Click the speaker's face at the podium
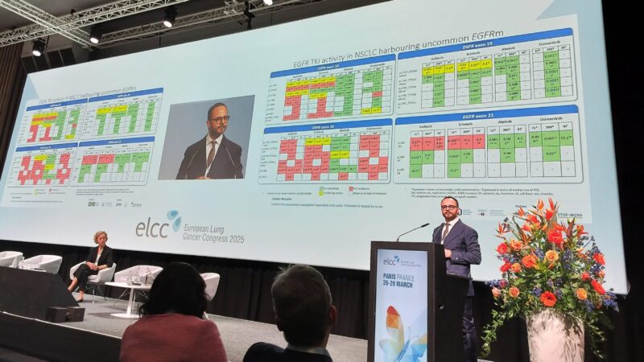pos(450,211)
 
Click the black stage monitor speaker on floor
pos(64,314)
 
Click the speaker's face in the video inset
pos(217,120)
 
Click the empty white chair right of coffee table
pos(211,282)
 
